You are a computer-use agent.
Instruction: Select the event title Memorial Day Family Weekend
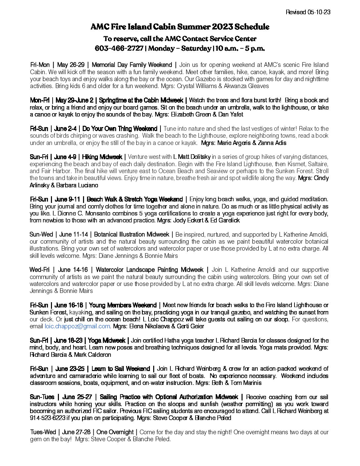132,65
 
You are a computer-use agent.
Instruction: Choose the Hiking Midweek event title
102,157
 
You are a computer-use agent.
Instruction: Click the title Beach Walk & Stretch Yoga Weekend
135,199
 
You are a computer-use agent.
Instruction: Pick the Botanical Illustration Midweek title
132,235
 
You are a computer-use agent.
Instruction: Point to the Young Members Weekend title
123,305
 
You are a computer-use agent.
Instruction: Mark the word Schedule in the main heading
248,27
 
